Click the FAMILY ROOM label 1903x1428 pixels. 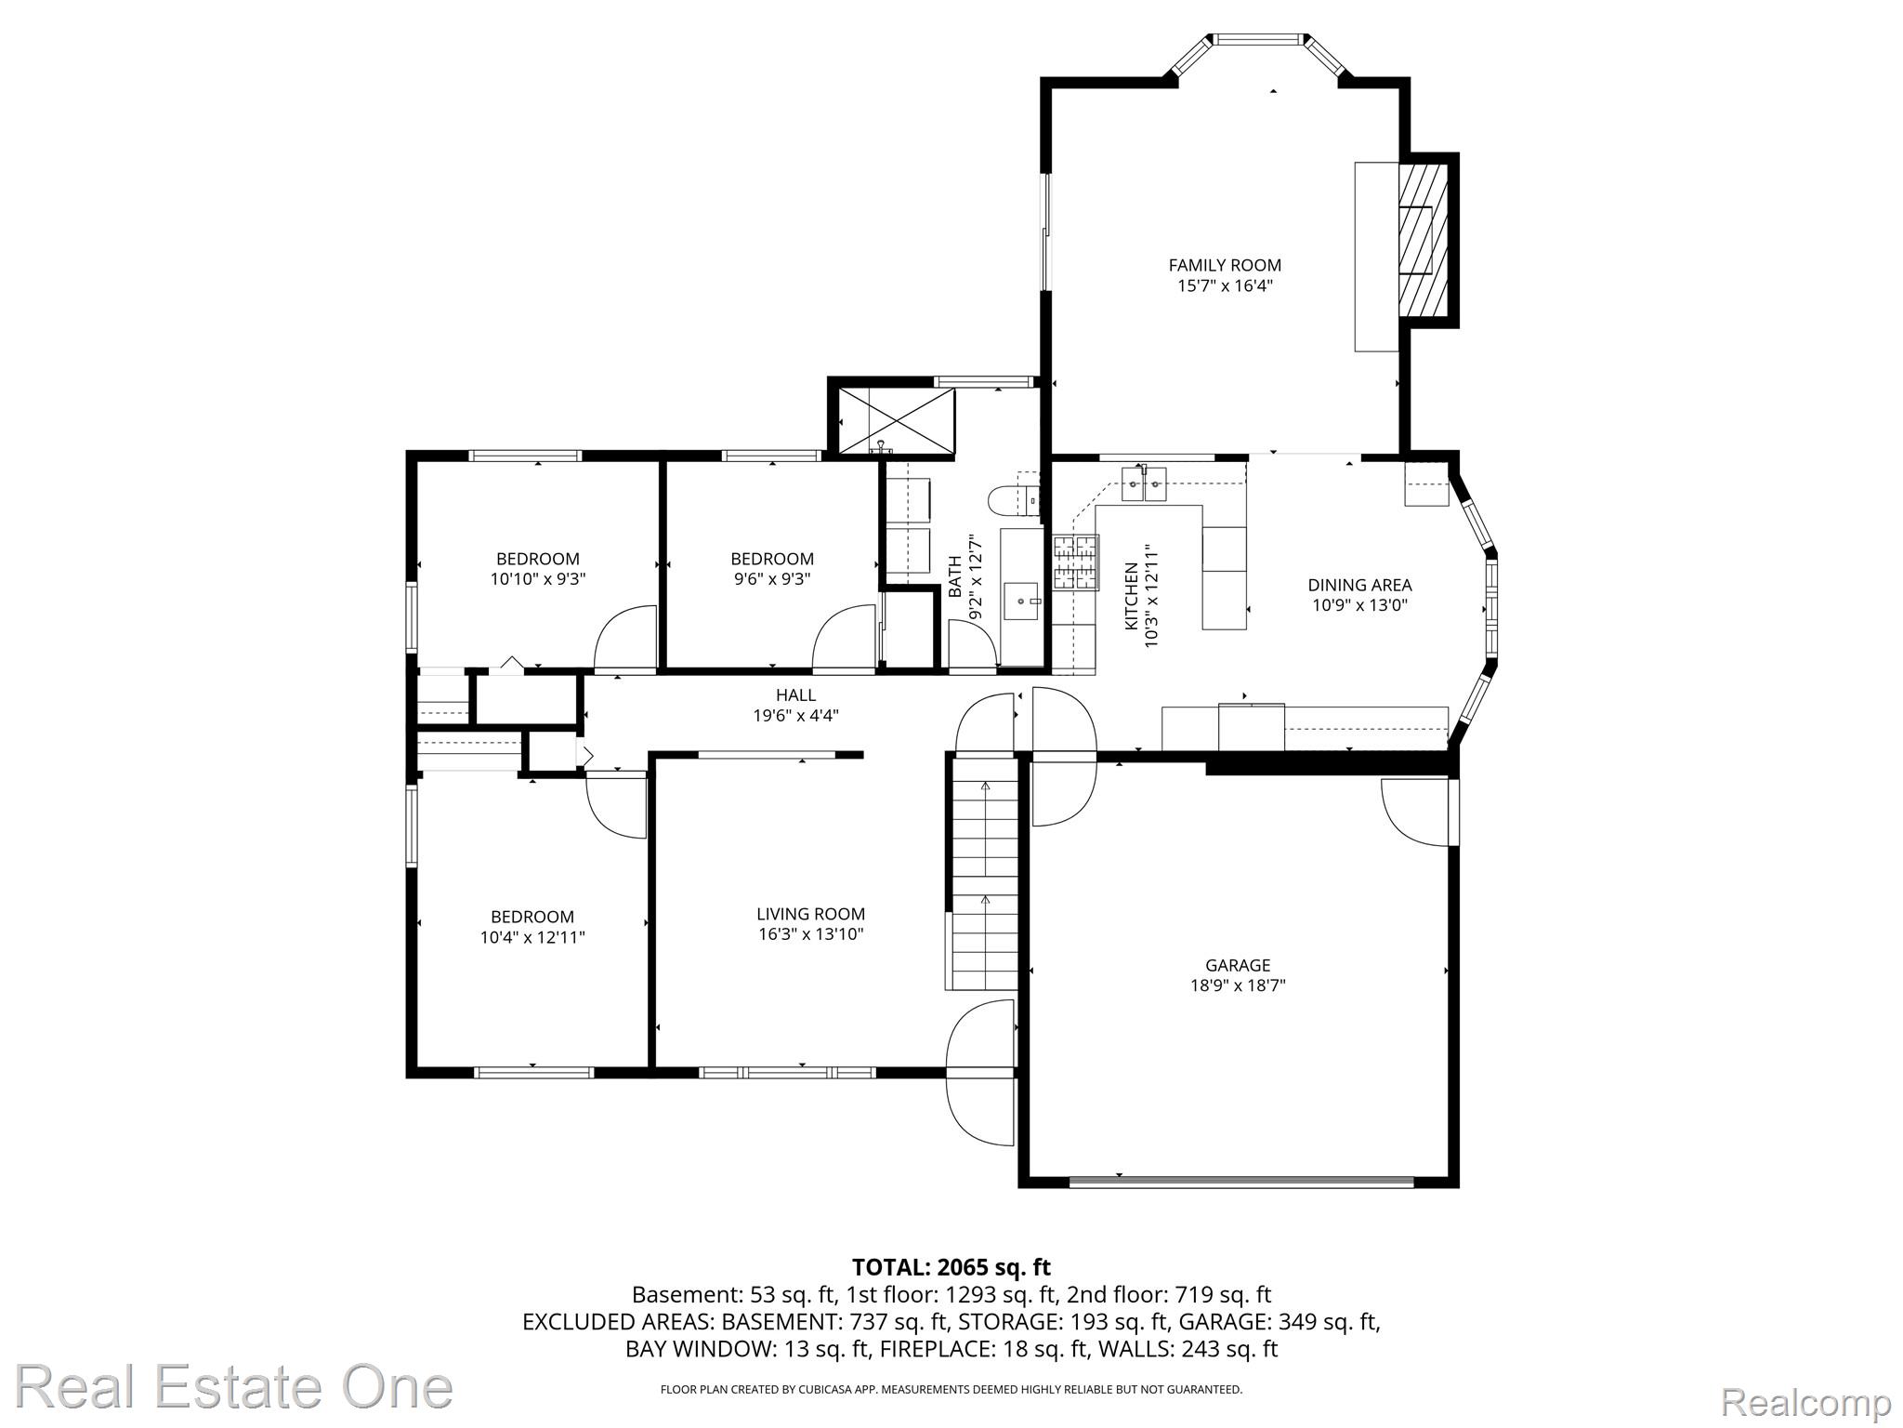click(1225, 265)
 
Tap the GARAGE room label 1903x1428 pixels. click(1238, 965)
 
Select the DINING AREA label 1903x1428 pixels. click(1359, 585)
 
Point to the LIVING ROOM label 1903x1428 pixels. click(810, 914)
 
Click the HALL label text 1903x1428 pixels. click(796, 694)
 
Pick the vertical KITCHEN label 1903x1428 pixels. click(1131, 596)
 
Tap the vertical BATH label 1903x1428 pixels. click(955, 575)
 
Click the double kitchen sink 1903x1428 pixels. click(1145, 483)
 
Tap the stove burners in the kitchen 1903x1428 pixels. click(1075, 562)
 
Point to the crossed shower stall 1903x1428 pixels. click(896, 422)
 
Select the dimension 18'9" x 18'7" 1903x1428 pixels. click(1238, 985)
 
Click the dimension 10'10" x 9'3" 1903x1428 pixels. click(538, 578)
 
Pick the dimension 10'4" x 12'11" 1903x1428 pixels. click(532, 937)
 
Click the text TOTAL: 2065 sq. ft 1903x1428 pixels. click(951, 1267)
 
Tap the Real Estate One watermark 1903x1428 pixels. click(234, 1386)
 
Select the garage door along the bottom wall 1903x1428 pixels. click(1241, 1182)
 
